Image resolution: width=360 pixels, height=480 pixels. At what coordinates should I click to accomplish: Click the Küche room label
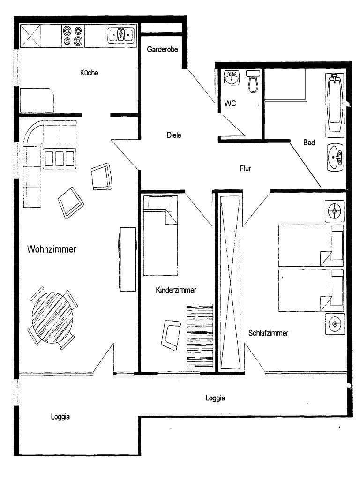click(89, 73)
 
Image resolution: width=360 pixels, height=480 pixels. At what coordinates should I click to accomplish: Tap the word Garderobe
click(162, 49)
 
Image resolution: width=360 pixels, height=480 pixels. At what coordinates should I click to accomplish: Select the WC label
click(230, 103)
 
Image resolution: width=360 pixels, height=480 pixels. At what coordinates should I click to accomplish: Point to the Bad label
click(309, 142)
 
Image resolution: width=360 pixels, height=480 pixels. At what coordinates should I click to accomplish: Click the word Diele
click(173, 135)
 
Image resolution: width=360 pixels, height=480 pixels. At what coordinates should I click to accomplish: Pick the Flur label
click(246, 168)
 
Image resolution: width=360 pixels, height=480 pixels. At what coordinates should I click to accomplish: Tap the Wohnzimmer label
click(52, 249)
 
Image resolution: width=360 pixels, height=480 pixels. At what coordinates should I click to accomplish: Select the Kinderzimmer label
click(176, 291)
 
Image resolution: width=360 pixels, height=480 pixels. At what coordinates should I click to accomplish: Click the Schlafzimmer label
click(268, 333)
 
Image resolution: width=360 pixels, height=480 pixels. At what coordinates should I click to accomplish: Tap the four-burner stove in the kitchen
click(74, 36)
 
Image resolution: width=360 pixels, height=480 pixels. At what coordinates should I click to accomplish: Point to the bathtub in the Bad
click(335, 103)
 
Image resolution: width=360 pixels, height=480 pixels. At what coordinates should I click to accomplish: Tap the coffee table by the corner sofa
click(59, 157)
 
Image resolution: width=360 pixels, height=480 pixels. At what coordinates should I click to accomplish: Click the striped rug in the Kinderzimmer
click(200, 335)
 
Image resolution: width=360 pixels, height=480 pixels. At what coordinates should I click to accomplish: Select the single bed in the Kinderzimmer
click(160, 235)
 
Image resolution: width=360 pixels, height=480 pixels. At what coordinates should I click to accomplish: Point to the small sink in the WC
click(232, 78)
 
